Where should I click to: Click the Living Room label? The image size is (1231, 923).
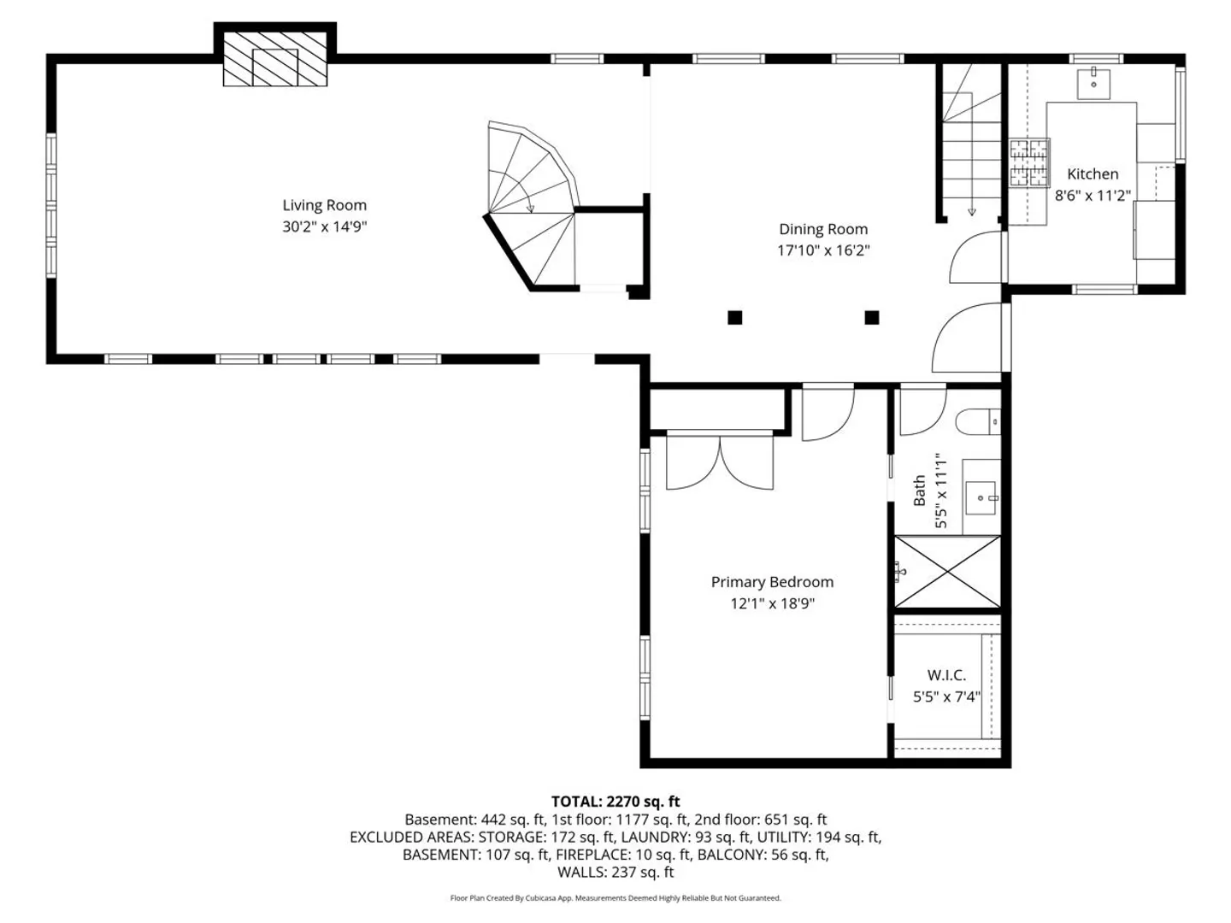click(x=324, y=205)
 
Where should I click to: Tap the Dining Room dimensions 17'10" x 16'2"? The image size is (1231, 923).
click(x=822, y=250)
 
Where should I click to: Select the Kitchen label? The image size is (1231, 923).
click(x=1093, y=173)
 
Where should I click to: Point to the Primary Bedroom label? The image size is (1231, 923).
click(x=772, y=582)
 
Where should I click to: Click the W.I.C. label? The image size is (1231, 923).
click(x=946, y=675)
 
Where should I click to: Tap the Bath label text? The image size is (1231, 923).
click(x=920, y=491)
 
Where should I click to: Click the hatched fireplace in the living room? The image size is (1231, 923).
click(x=274, y=59)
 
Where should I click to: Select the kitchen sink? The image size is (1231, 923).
click(x=1093, y=83)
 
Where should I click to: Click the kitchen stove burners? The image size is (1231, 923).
click(x=1029, y=162)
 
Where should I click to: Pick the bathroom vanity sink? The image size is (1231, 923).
click(x=982, y=497)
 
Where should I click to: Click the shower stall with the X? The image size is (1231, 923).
click(x=947, y=572)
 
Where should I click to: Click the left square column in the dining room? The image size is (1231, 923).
click(x=734, y=318)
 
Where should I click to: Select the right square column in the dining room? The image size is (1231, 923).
click(x=871, y=318)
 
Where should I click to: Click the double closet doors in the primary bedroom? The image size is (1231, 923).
click(x=720, y=461)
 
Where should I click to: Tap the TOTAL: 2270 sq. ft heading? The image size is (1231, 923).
click(x=615, y=802)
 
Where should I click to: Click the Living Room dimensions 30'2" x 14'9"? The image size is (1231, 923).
click(x=324, y=226)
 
